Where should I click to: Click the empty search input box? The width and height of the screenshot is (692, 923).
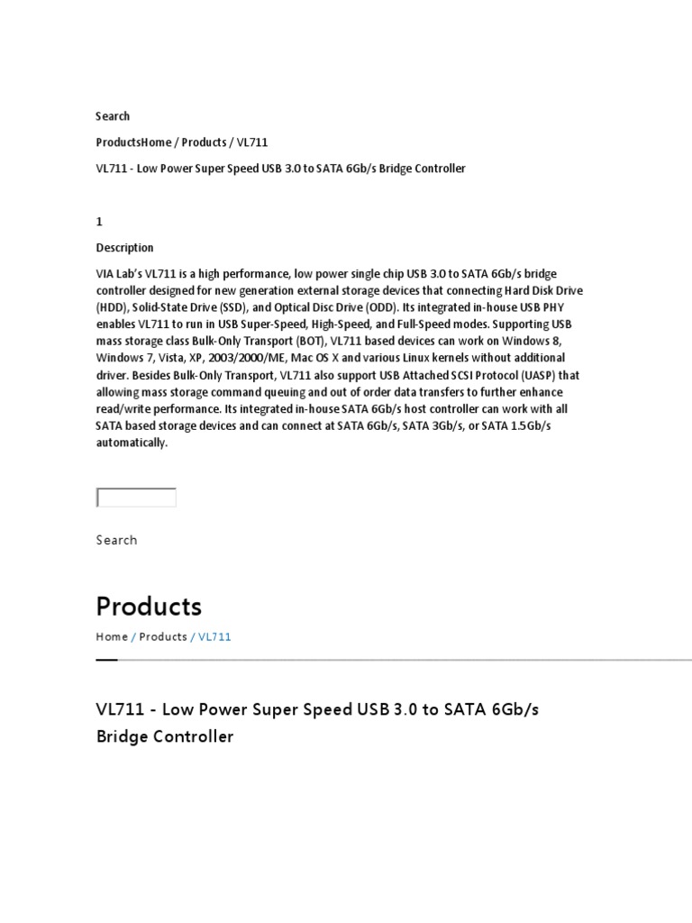[136, 498]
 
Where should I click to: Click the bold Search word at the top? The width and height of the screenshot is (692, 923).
[113, 116]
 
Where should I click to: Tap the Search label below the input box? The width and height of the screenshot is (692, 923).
[117, 540]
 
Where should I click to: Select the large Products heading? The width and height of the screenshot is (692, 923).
[149, 606]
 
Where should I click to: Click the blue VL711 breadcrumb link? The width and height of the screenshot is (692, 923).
[215, 636]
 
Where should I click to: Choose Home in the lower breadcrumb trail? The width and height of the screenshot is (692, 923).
[112, 636]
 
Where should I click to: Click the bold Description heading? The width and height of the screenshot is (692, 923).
[125, 248]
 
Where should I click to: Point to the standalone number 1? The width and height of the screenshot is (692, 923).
[99, 222]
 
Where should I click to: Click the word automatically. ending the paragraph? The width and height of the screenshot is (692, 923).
[132, 443]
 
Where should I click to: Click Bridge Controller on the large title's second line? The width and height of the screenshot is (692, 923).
[165, 736]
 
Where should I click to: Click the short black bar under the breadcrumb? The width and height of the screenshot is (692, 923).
[106, 660]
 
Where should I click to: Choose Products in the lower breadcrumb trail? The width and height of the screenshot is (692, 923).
[163, 636]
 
